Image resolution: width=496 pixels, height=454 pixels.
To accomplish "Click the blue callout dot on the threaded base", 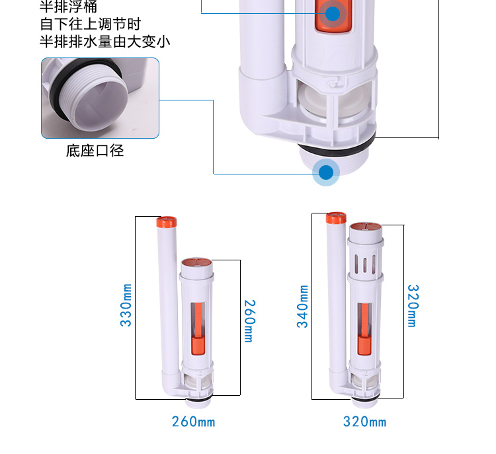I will tap(326, 172).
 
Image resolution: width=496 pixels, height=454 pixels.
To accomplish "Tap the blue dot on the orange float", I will tap(333, 13).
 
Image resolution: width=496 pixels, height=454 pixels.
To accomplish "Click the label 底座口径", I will tap(95, 151).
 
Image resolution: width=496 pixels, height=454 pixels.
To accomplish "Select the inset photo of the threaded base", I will tap(101, 98).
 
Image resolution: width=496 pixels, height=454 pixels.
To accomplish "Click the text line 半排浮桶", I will tap(68, 8).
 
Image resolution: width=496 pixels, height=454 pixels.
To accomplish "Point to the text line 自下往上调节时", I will tap(90, 25).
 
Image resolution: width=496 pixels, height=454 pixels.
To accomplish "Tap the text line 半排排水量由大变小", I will tap(104, 42).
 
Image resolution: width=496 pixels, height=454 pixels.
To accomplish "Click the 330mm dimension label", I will tap(126, 305).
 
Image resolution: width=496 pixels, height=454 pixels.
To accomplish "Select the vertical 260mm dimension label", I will tap(249, 321).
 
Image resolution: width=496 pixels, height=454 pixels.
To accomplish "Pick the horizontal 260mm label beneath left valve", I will tap(193, 422).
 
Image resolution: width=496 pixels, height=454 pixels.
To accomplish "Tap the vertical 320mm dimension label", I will tap(411, 305).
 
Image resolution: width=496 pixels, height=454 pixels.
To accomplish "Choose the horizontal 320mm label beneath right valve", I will tap(364, 422).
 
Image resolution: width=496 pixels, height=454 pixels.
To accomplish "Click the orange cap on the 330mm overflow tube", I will tap(166, 221).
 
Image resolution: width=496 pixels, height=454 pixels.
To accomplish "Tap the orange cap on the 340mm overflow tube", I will tap(336, 217).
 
